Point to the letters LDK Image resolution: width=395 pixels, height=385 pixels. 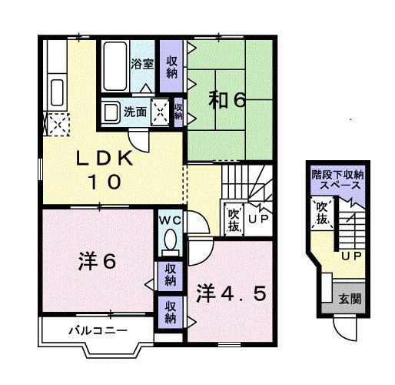[105, 159]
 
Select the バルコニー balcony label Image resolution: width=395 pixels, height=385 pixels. [95, 331]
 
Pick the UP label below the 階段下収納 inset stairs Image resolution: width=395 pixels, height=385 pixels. [351, 256]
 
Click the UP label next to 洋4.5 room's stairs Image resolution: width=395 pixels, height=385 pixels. [257, 219]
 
